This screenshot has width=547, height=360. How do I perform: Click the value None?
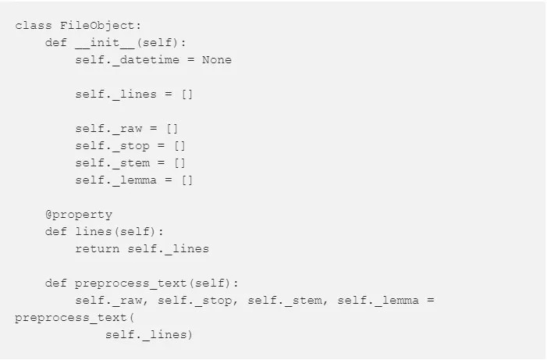point(217,59)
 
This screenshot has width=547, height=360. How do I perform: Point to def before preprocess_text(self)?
point(56,283)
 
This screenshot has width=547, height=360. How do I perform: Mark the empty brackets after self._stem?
point(179,162)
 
